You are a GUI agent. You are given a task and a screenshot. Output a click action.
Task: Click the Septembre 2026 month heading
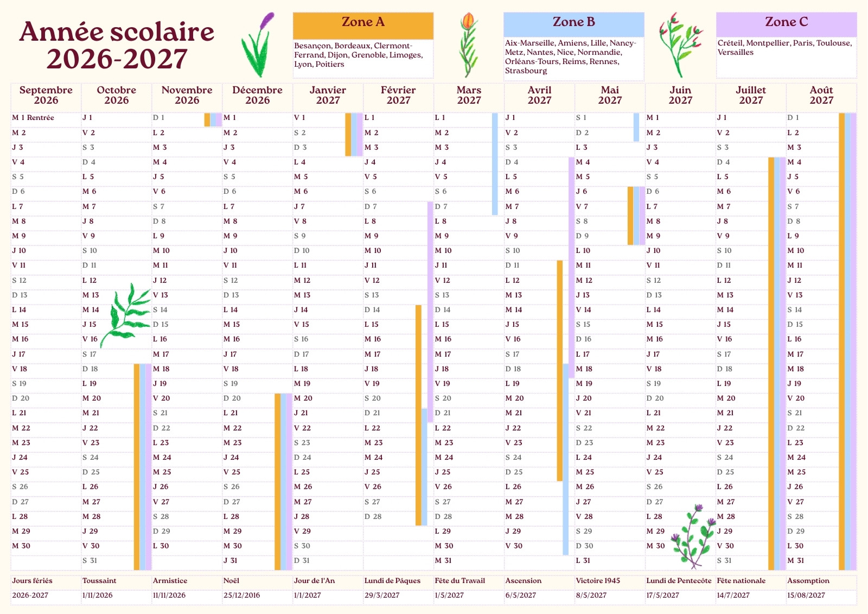pos(46,95)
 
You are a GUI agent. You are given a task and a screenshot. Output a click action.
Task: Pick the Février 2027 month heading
pos(398,95)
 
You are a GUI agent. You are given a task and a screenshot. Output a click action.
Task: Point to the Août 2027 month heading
pos(821,95)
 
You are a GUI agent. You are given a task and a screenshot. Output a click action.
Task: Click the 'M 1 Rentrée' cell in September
pos(33,117)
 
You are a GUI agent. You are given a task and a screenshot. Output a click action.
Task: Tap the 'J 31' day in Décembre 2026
pos(230,560)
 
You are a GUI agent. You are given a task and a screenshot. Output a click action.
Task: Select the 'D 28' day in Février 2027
pos(373,516)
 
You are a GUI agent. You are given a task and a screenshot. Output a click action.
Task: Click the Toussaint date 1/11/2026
pos(97,595)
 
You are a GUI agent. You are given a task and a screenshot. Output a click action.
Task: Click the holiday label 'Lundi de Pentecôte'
pos(679,581)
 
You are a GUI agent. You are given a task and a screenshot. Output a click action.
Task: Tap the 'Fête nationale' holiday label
pos(741,581)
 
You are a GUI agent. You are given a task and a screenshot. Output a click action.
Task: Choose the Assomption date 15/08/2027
pos(806,595)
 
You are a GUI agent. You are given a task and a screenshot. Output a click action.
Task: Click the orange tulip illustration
pos(469,45)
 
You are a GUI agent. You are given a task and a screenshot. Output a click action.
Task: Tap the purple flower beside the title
pos(258,45)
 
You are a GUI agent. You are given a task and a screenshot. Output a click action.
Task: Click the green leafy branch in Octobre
pos(125,315)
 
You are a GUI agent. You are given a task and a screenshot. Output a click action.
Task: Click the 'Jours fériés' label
pos(32,581)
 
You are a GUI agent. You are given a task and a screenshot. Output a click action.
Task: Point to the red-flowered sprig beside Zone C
pos(681,45)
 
